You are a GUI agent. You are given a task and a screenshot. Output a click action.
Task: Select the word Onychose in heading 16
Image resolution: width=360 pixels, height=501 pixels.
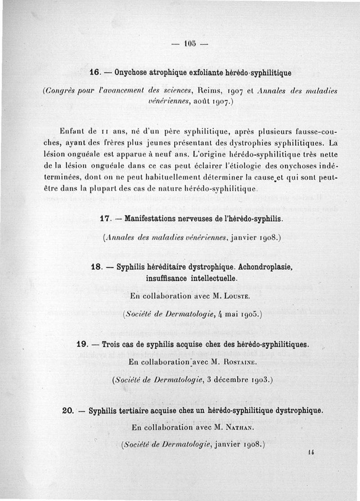131,72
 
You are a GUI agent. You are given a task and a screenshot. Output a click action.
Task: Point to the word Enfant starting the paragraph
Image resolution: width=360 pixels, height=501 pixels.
71,131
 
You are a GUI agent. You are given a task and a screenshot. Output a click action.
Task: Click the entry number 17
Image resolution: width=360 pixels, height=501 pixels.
105,219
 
